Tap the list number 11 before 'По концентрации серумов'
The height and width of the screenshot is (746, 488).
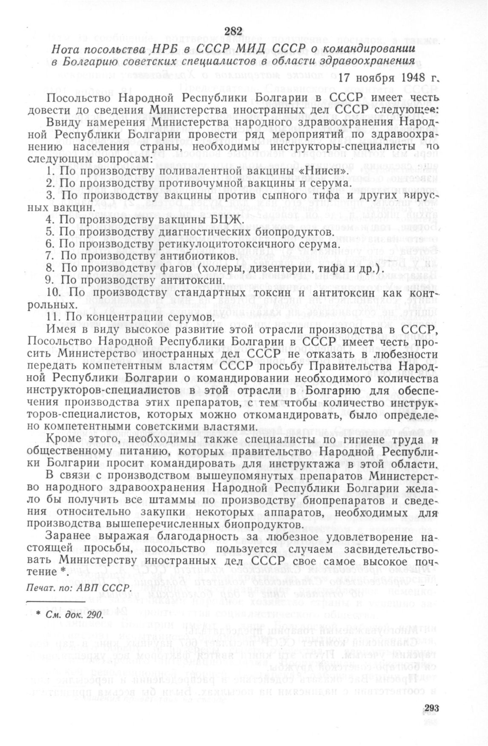(x=53, y=318)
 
